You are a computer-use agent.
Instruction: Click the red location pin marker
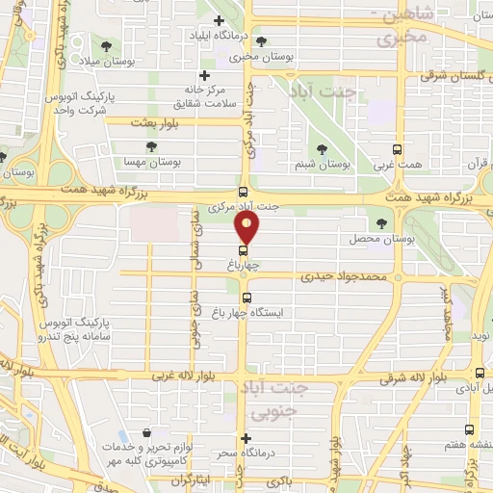[247, 228]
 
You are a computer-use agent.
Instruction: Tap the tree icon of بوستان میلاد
[104, 45]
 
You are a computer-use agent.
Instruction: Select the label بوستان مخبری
[254, 58]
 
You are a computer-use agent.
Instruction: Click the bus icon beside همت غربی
[398, 149]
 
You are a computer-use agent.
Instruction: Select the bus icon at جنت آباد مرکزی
[243, 191]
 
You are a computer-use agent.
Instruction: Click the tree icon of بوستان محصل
[381, 223]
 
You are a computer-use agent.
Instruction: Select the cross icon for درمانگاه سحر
[246, 439]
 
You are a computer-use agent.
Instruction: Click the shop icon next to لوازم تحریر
[145, 434]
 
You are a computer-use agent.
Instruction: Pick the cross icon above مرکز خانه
[204, 76]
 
